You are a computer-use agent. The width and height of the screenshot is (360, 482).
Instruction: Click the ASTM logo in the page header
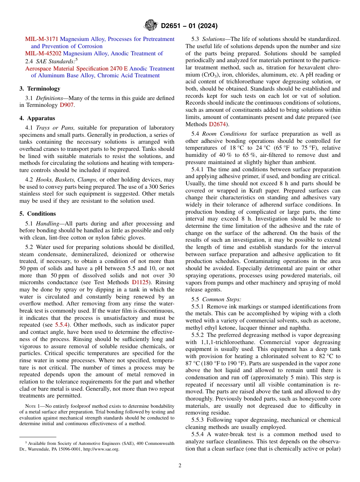point(151,26)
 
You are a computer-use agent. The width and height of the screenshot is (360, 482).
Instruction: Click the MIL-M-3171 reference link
point(42,39)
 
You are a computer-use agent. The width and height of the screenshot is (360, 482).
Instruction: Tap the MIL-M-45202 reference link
point(43,53)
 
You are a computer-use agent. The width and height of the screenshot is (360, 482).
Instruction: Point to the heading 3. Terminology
point(40,89)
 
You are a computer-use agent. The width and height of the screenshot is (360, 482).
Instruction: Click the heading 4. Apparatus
point(37,118)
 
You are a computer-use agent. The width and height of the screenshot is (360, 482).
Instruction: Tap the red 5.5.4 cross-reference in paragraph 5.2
point(62,325)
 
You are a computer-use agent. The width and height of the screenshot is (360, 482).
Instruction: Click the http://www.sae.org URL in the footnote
point(101,449)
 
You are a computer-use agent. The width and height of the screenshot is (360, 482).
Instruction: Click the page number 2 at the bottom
point(180,466)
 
